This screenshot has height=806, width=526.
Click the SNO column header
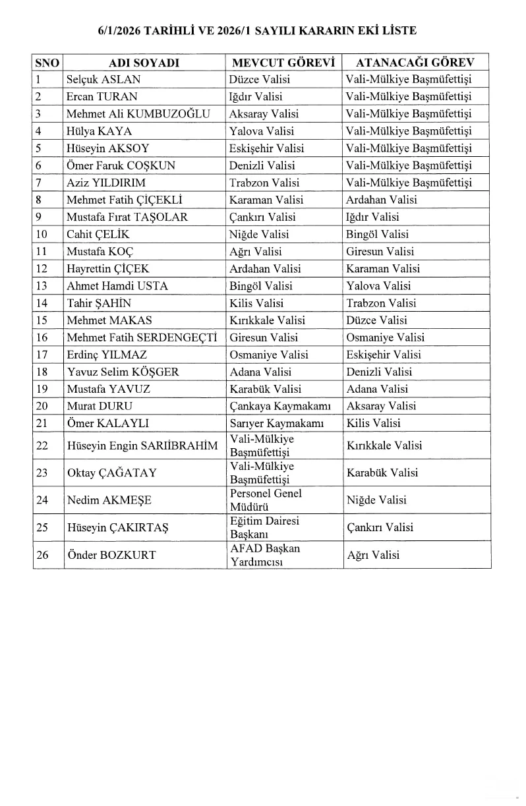pyautogui.click(x=47, y=63)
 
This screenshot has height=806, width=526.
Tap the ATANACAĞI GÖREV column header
pyautogui.click(x=414, y=63)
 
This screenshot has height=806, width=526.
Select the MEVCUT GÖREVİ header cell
pyautogui.click(x=283, y=63)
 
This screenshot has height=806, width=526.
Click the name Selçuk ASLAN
pyautogui.click(x=103, y=80)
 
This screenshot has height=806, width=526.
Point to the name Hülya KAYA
pyautogui.click(x=99, y=131)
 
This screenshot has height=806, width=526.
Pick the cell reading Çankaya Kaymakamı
pyautogui.click(x=280, y=406)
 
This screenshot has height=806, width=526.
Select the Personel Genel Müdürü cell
pyautogui.click(x=266, y=500)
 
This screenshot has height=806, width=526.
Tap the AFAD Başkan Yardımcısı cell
pyautogui.click(x=264, y=555)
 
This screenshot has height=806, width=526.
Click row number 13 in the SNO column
pyautogui.click(x=42, y=286)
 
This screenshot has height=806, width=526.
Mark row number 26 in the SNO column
pyautogui.click(x=42, y=555)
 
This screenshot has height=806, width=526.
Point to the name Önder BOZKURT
pyautogui.click(x=111, y=555)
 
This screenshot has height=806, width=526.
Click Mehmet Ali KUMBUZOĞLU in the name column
pyautogui.click(x=138, y=114)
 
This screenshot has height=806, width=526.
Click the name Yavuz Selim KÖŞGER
pyautogui.click(x=123, y=372)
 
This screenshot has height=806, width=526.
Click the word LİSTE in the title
pyautogui.click(x=398, y=30)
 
